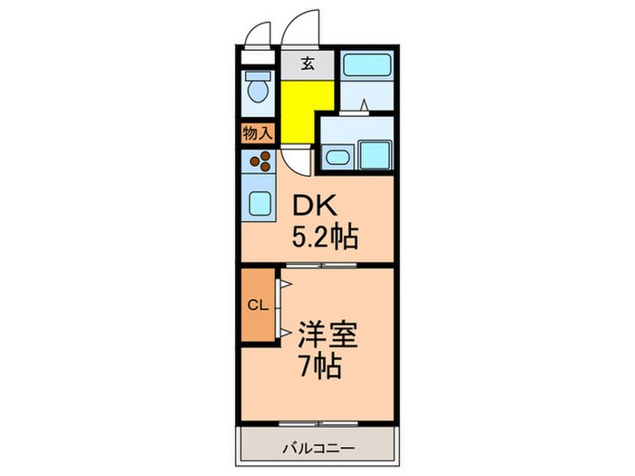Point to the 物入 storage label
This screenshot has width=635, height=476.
point(257,133)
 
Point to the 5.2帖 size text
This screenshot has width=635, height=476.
point(324,238)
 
